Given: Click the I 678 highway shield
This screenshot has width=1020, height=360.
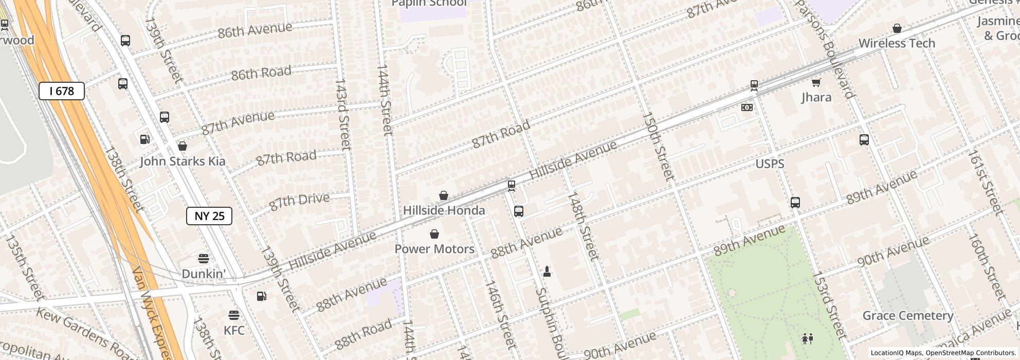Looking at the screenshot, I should (62, 92).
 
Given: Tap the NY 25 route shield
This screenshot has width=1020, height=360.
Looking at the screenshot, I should (209, 216).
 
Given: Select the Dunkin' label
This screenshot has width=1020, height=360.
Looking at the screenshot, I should (204, 274).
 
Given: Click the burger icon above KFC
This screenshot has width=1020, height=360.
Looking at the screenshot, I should (234, 315).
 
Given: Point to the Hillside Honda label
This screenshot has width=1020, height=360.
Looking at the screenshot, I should (444, 210).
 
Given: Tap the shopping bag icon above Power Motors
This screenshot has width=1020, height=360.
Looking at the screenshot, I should (434, 235).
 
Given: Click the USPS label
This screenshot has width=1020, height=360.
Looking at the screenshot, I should (770, 164).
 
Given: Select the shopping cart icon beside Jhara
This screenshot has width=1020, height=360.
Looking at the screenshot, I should (816, 82).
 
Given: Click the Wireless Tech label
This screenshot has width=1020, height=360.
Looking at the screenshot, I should (897, 43).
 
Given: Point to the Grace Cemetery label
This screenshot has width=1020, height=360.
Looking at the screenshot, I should (908, 316).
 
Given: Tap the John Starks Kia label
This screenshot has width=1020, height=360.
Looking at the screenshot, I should (183, 161).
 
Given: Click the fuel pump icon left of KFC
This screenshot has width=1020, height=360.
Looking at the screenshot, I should (262, 296).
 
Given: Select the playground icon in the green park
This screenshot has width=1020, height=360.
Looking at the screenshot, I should (807, 338).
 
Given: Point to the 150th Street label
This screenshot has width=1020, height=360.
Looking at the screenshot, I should (658, 147).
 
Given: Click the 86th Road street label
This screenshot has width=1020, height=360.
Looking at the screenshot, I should (261, 73).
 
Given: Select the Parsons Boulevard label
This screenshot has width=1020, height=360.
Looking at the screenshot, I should (825, 49).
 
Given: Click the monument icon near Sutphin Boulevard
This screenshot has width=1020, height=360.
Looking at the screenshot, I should (547, 272).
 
